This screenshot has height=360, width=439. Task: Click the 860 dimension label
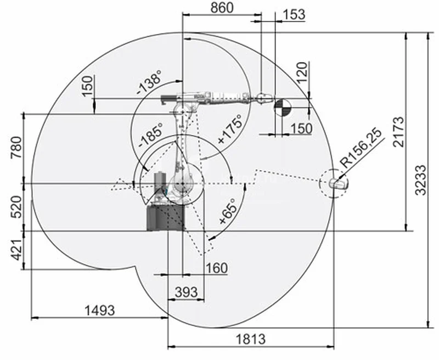pyautogui.click(x=222, y=8)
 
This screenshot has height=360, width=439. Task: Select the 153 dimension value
pyautogui.click(x=294, y=15)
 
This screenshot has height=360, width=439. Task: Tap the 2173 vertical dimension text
pyautogui.click(x=399, y=132)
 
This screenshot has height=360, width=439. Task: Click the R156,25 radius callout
pyautogui.click(x=361, y=148)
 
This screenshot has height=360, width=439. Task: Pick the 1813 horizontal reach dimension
pyautogui.click(x=251, y=339)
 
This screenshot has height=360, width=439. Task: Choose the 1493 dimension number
pyautogui.click(x=100, y=311)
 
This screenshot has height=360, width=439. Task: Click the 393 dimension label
pyautogui.click(x=186, y=292)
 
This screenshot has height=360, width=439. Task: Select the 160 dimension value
pyautogui.click(x=217, y=268)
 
